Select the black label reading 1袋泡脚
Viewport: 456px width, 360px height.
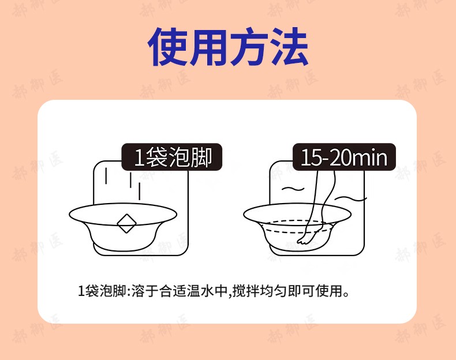pos(171,157)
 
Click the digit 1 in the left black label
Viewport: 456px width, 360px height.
pos(139,157)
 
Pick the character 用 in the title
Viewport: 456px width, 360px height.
pos(208,46)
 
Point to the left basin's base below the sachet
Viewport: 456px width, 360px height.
pos(126,245)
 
